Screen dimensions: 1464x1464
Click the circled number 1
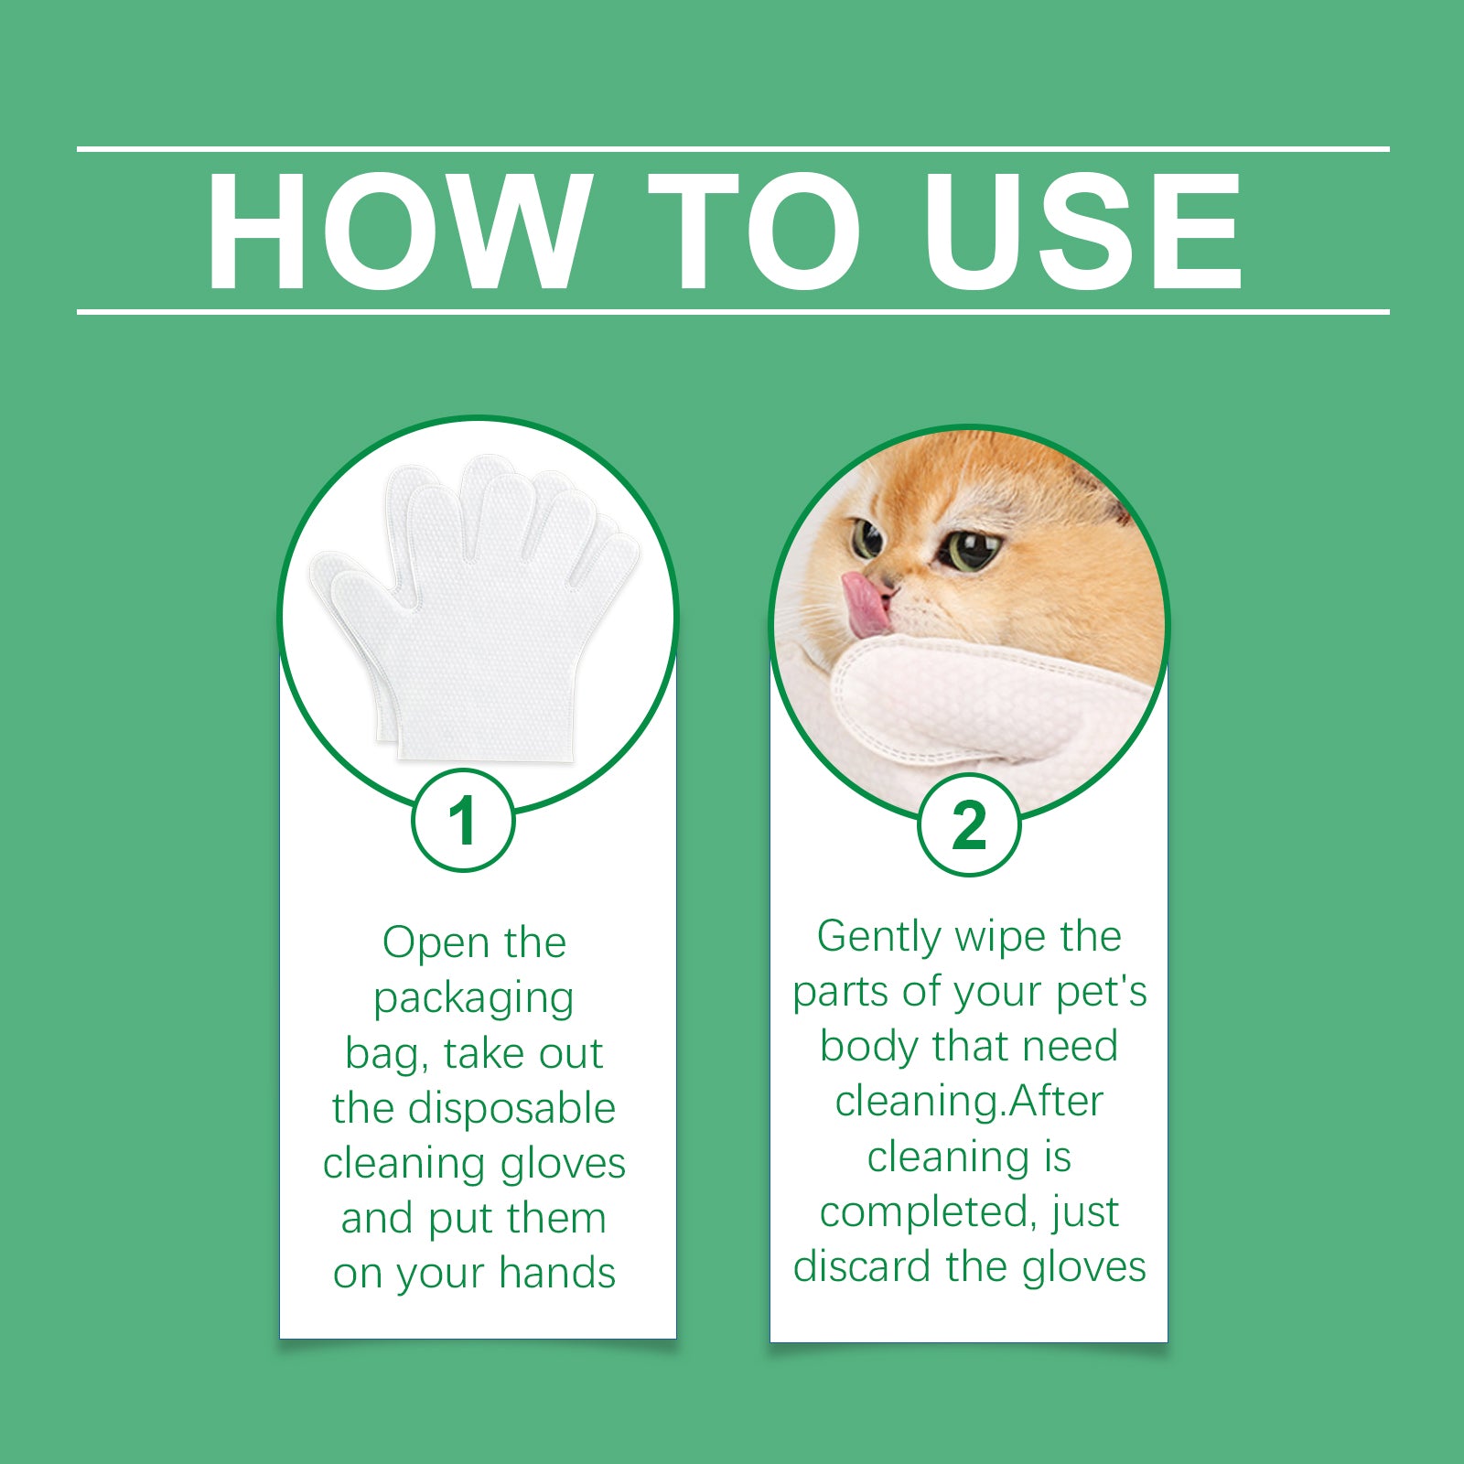click(463, 820)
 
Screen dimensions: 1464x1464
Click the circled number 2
click(969, 825)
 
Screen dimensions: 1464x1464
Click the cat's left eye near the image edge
click(866, 537)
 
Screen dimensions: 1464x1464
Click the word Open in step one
click(436, 943)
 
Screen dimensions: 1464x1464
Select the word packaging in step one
click(473, 998)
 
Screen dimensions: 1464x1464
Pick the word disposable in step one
click(511, 1108)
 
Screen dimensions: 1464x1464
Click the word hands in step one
click(557, 1273)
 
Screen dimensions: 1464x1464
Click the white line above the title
click(732, 148)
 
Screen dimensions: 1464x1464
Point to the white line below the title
click(732, 312)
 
